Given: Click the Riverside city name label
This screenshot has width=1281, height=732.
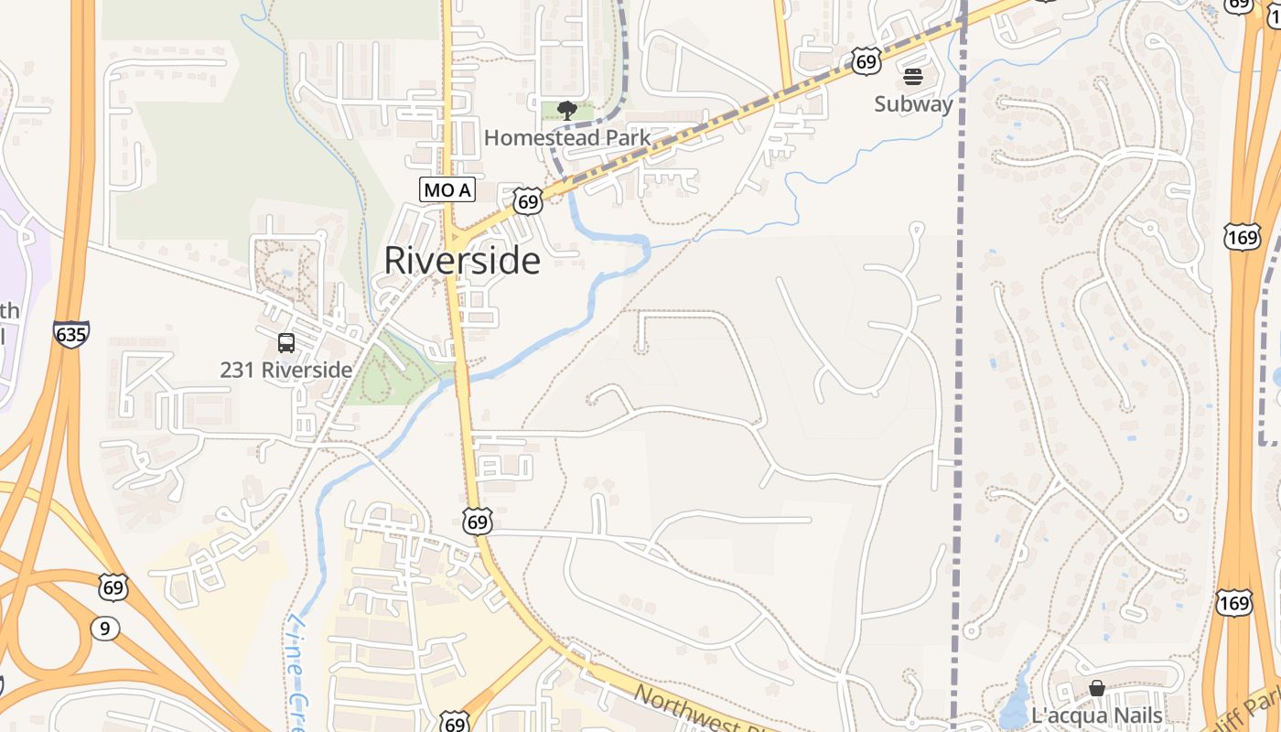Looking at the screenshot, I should coord(461,261).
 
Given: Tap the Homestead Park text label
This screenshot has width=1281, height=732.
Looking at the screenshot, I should coord(566,138).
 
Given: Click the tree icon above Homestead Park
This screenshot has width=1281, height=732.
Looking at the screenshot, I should coord(566,112).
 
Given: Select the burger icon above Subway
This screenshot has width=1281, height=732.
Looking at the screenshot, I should coord(913,77).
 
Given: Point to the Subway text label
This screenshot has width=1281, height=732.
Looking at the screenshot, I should coord(913,104).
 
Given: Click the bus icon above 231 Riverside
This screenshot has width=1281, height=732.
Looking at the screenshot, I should coord(286,343).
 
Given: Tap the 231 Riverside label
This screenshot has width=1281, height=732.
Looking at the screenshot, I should coord(285,370).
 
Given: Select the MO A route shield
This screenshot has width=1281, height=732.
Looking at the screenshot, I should coord(447,190).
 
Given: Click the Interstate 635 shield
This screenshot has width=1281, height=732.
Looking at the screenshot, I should coord(71,334).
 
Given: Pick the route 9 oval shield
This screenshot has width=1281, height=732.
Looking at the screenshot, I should coord(105,628).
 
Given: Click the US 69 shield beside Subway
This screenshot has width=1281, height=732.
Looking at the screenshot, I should coord(866,61).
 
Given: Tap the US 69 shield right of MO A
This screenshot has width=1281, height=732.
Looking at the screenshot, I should coord(527,201).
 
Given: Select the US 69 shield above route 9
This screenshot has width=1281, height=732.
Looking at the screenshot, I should coord(113,587).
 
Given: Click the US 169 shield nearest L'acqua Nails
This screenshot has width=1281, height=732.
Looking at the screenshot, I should coord(1233,602).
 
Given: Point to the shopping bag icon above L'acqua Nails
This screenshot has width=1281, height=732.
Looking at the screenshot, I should coord(1096,688).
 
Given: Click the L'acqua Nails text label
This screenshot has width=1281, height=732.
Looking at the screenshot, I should coord(1096,716).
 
